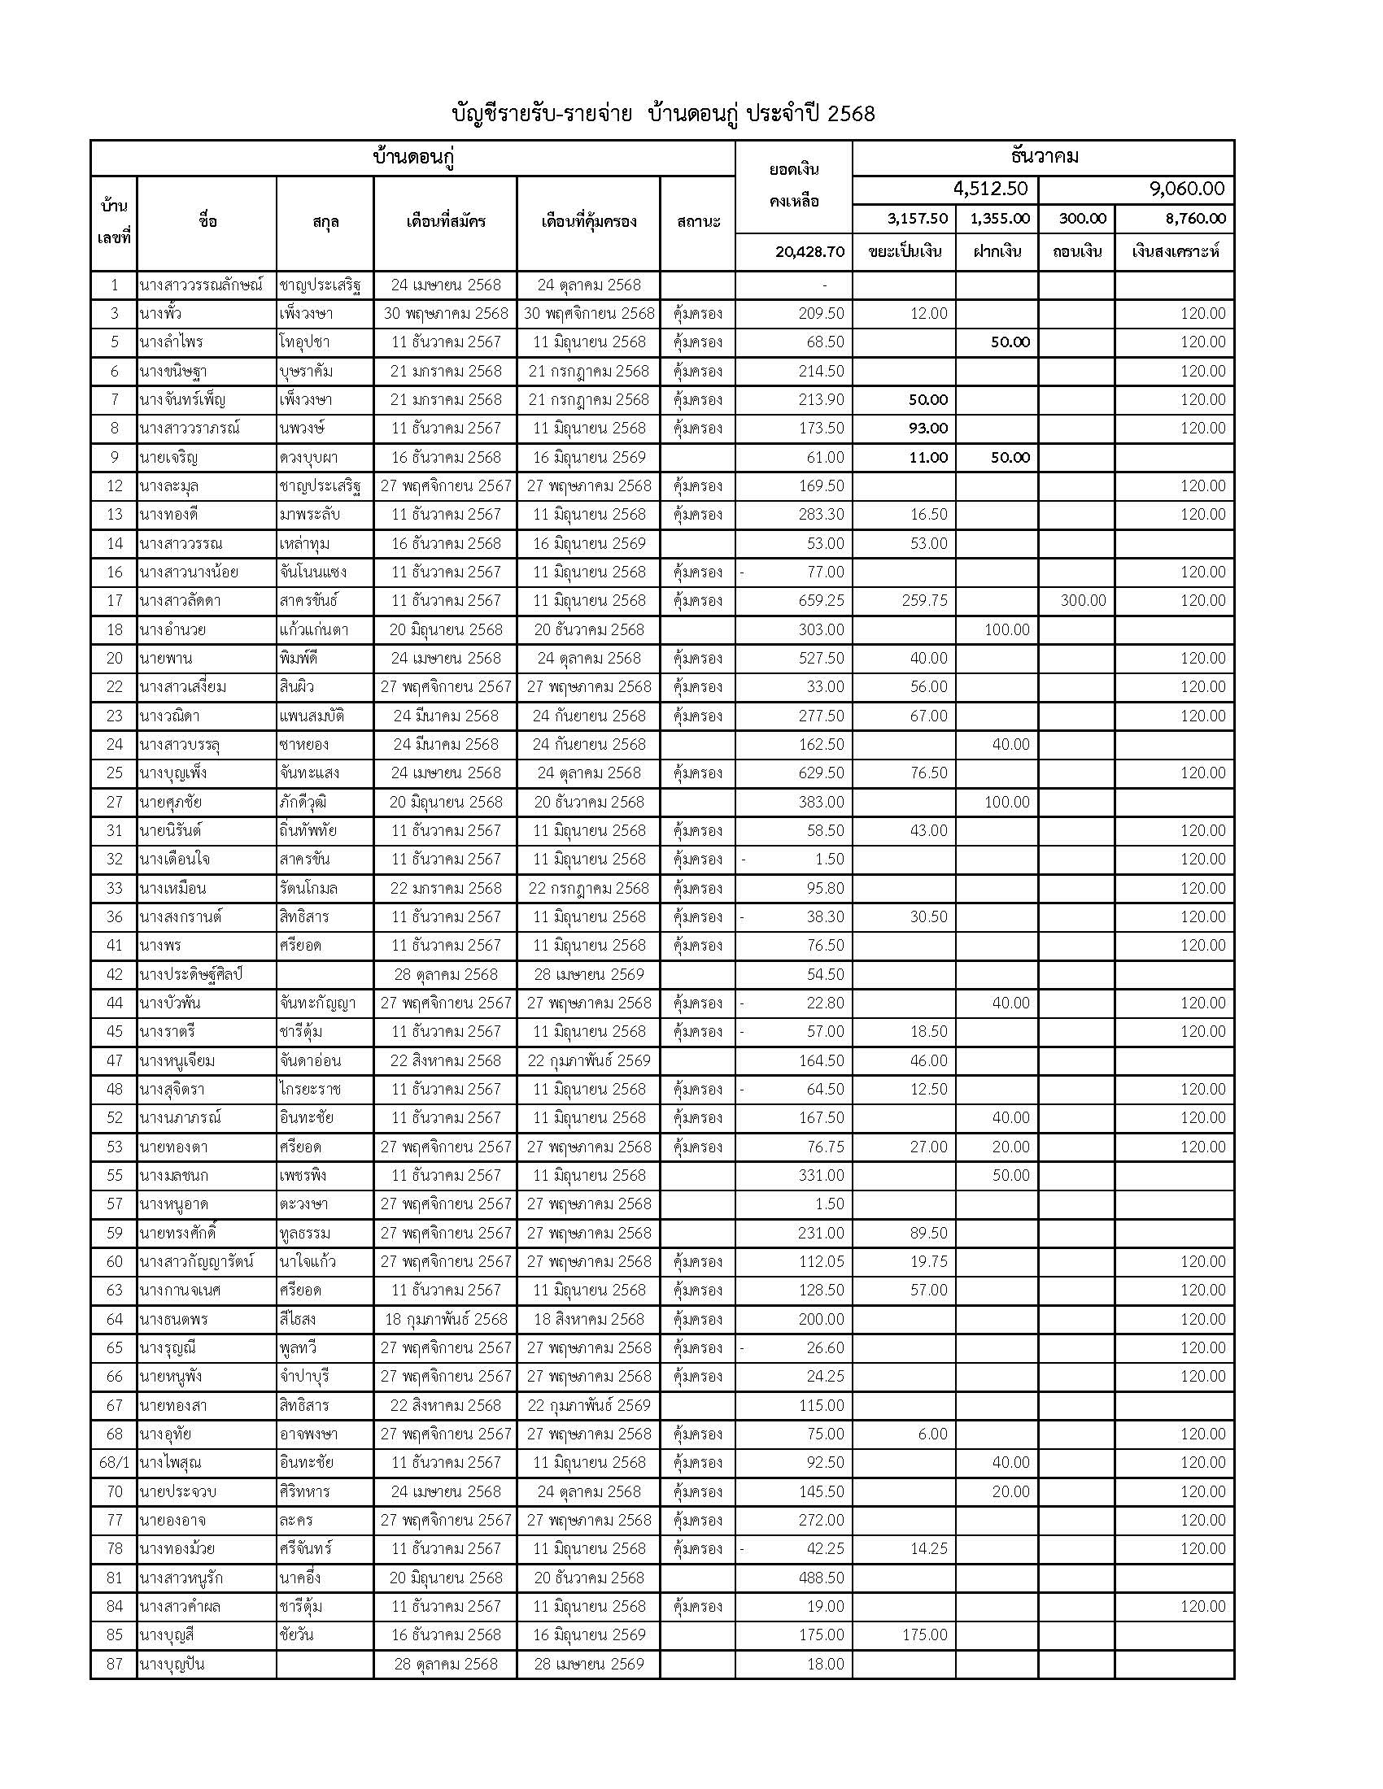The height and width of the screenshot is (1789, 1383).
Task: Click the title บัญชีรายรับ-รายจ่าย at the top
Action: (x=542, y=114)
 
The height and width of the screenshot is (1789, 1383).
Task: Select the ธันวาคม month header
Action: (x=1044, y=156)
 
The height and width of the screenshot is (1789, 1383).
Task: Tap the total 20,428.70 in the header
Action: (x=809, y=251)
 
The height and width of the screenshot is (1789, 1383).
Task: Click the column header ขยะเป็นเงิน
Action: (x=905, y=251)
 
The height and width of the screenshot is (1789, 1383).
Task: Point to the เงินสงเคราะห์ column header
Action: (x=1174, y=251)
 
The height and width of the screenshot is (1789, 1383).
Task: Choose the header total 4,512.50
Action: (x=990, y=189)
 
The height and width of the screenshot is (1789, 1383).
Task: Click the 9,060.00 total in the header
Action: (x=1186, y=189)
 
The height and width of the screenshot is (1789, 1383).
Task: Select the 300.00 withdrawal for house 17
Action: (x=1082, y=600)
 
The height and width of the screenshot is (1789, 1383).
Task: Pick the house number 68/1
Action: (x=114, y=1462)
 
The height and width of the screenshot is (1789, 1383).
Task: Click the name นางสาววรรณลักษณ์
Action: (x=202, y=285)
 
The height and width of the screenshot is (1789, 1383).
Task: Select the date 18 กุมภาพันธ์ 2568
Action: (x=446, y=1319)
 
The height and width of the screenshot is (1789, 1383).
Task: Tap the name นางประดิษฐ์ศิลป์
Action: (x=191, y=974)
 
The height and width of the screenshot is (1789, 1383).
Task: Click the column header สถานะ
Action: (x=698, y=222)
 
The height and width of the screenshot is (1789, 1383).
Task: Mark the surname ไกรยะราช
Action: (x=309, y=1089)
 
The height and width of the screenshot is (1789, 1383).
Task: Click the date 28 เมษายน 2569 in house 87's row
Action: (x=588, y=1664)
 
